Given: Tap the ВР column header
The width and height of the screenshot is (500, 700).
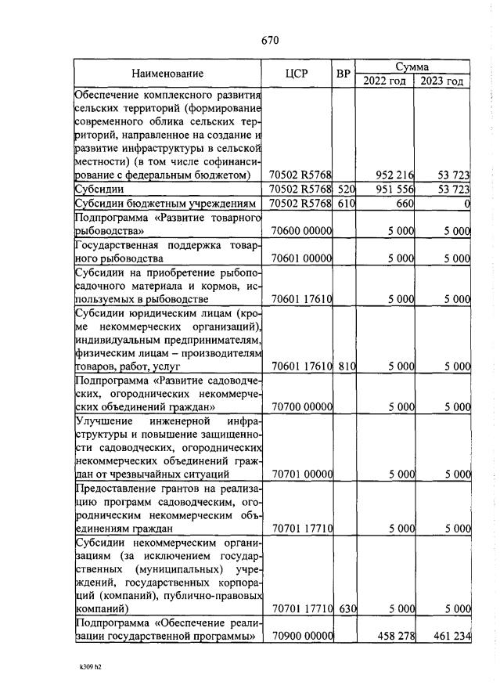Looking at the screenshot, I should click(x=343, y=74).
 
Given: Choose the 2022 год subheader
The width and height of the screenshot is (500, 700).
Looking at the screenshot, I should click(x=384, y=81).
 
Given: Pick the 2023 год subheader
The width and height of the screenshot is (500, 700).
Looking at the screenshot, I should click(x=442, y=81).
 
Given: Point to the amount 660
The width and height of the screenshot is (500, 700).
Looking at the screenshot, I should click(x=402, y=204).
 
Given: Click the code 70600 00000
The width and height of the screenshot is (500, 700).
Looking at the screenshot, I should click(x=300, y=232).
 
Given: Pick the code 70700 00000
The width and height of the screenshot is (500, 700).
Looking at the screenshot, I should click(x=300, y=407).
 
